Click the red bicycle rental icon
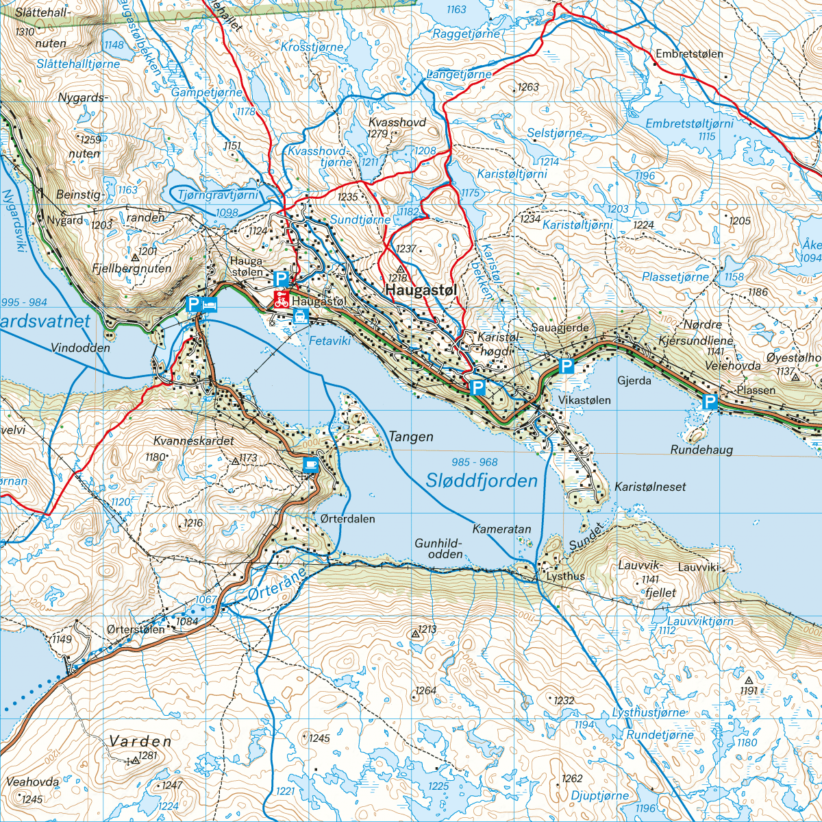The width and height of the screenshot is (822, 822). pyautogui.click(x=281, y=298)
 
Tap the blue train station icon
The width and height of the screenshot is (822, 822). pyautogui.click(x=300, y=315)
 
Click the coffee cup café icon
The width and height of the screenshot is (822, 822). pyautogui.click(x=311, y=465)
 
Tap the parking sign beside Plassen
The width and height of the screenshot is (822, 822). pyautogui.click(x=710, y=402)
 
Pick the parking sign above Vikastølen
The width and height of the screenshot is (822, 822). pyautogui.click(x=566, y=366)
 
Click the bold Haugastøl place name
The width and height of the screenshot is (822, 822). pyautogui.click(x=421, y=291)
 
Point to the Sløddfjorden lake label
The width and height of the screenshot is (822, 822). pyautogui.click(x=482, y=481)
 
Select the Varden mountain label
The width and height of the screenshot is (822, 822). pyautogui.click(x=140, y=741)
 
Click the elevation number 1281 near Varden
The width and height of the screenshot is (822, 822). pyautogui.click(x=148, y=756)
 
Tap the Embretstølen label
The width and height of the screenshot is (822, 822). pyautogui.click(x=689, y=53)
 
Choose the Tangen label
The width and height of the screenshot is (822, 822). pyautogui.click(x=411, y=437)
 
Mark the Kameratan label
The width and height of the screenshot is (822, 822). pyautogui.click(x=501, y=529)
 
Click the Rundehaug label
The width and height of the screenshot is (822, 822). pyautogui.click(x=701, y=450)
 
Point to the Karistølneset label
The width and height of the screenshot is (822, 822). pyautogui.click(x=650, y=487)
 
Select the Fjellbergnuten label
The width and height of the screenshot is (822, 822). pyautogui.click(x=132, y=269)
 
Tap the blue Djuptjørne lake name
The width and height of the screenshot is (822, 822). pyautogui.click(x=599, y=795)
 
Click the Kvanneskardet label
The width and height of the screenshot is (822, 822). pyautogui.click(x=194, y=441)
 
